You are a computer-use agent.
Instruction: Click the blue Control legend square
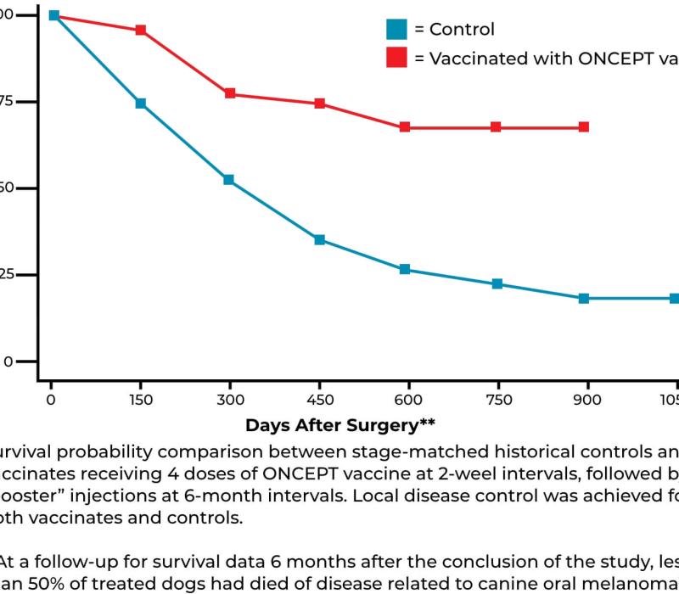[396, 30]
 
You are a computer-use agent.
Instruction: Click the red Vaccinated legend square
[396, 58]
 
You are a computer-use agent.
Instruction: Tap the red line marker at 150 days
[141, 31]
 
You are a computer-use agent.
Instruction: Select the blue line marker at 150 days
[141, 104]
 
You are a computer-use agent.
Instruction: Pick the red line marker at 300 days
[230, 93]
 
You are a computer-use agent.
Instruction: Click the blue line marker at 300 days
[229, 180]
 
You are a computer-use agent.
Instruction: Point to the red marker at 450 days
[320, 104]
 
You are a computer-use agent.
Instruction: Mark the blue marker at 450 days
[320, 239]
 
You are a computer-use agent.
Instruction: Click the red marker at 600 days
[405, 127]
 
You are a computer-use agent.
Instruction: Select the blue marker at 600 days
[405, 269]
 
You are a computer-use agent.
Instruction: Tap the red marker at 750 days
[496, 127]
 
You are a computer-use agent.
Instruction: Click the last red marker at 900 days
[584, 127]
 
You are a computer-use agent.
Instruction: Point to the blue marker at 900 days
[584, 299]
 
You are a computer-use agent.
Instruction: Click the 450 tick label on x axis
[319, 399]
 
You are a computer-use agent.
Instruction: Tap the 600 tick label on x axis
[408, 399]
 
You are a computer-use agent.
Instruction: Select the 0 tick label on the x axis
[51, 399]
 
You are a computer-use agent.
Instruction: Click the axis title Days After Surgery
[339, 423]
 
